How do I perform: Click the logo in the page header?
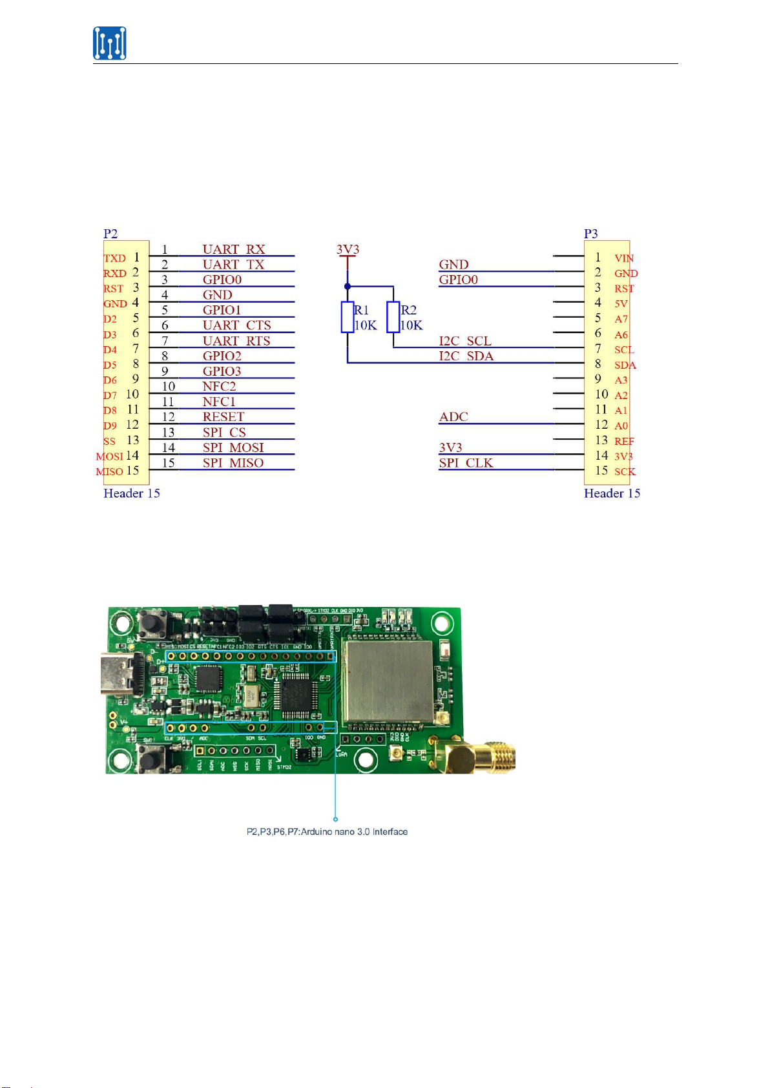(109, 43)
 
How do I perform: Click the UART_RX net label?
(234, 249)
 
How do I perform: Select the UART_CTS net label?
(236, 325)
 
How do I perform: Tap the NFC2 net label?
(219, 386)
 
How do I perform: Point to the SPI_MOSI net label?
(233, 447)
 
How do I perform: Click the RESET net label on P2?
(224, 417)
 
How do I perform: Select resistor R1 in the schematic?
(348, 317)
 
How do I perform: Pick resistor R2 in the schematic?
(393, 317)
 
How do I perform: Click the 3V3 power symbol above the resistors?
(348, 251)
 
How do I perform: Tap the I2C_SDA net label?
(466, 356)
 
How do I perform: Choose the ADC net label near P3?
(453, 417)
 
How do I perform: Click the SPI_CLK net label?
(466, 463)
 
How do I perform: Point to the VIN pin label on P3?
(624, 258)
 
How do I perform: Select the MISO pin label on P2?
(110, 472)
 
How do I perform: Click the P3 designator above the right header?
(590, 234)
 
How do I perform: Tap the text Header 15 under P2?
(131, 493)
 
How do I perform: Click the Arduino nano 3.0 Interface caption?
(327, 832)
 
